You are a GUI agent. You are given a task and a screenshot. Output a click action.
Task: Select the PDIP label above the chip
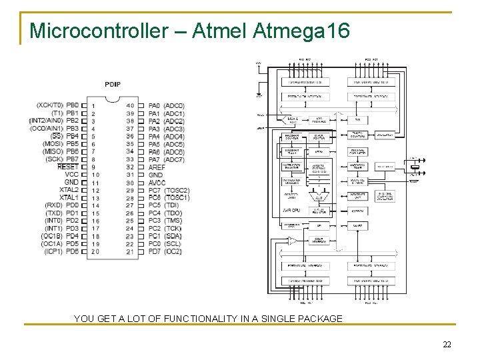point(113,84)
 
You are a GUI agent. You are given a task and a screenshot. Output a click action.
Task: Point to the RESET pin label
point(68,167)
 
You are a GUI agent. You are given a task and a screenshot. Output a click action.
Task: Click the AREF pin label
point(157,167)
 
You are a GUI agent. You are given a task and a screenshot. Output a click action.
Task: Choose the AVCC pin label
point(157,182)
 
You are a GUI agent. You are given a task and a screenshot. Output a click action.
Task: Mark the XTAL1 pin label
point(69,197)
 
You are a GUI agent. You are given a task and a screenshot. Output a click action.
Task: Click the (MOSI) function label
point(53,143)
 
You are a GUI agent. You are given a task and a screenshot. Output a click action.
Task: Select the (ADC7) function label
point(174,159)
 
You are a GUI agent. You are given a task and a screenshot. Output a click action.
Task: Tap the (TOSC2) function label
point(177,190)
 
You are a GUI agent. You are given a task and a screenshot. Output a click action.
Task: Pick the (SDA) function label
point(173,236)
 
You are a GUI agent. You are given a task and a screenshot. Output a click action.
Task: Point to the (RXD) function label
point(53,205)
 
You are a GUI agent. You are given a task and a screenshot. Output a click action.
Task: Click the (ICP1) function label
point(53,251)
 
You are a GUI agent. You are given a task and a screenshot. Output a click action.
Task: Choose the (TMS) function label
point(173,221)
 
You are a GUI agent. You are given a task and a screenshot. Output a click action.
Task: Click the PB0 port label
point(72,105)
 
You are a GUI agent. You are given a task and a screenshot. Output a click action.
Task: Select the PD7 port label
point(154,251)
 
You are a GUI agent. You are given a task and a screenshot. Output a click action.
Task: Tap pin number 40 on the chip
point(130,105)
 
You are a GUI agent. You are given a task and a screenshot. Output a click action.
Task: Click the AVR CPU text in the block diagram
point(291,210)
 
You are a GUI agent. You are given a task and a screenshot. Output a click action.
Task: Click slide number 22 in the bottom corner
point(447,344)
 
